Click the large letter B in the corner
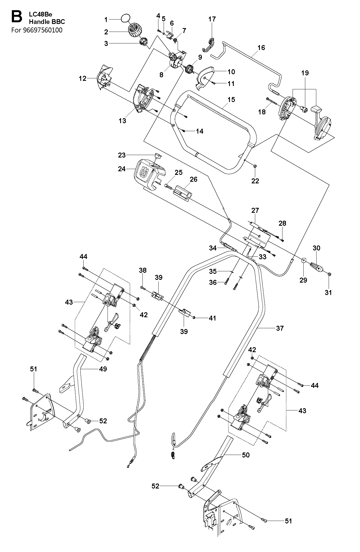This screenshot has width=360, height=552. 16,16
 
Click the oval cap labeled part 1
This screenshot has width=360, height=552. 125,19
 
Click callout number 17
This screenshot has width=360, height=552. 212,19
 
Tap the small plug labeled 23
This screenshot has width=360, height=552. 158,156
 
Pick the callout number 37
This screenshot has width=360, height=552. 280,328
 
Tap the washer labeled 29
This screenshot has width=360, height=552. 304,260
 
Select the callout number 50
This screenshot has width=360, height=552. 246,455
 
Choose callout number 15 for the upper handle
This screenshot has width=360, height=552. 231,99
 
